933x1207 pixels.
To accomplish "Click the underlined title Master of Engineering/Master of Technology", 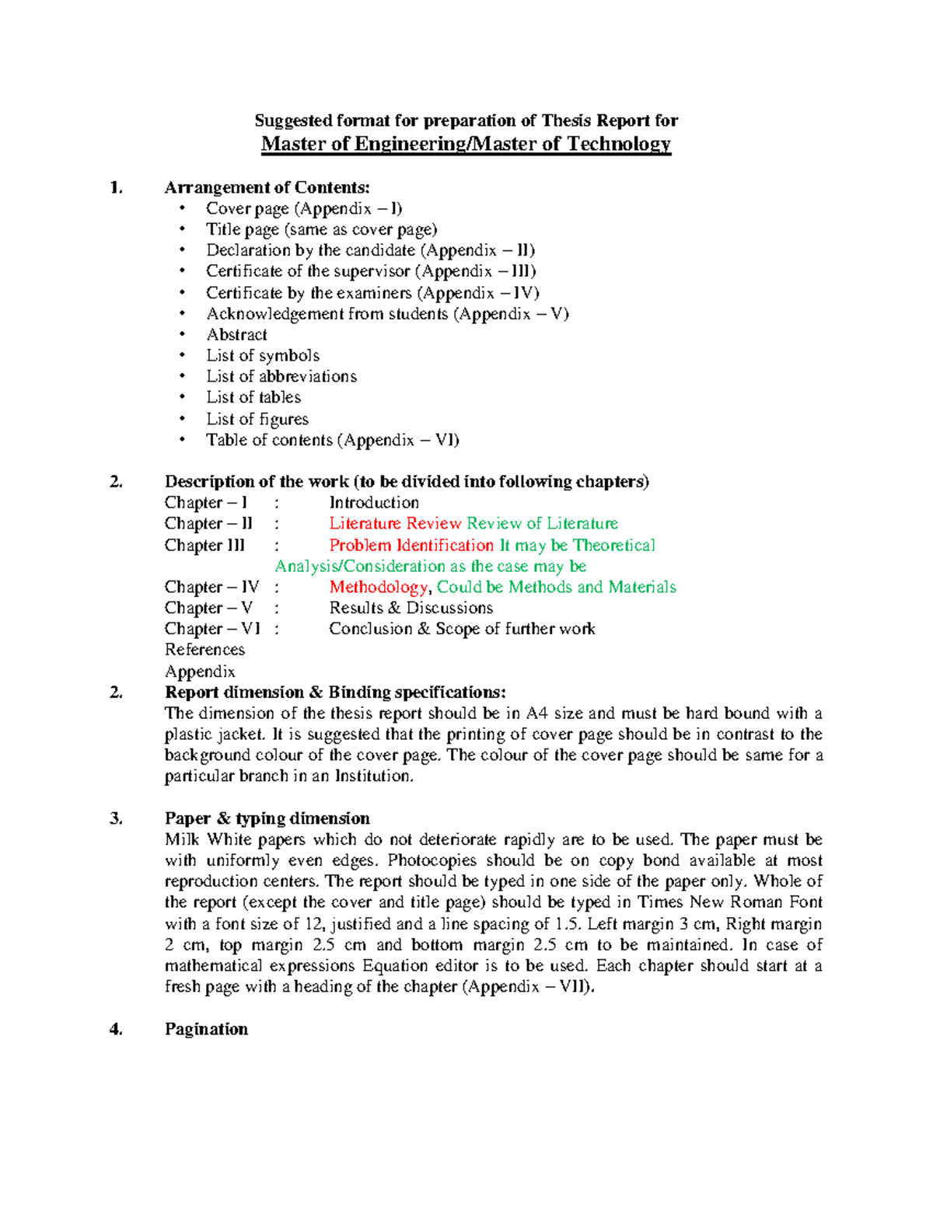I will click(x=466, y=144).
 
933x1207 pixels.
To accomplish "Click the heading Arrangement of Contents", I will click(x=267, y=187).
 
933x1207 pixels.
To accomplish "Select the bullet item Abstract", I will click(x=236, y=335).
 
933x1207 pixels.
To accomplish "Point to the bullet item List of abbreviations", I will click(x=281, y=377).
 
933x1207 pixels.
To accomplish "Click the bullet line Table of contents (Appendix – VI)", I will click(x=332, y=441).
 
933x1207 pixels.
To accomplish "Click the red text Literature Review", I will click(x=395, y=524).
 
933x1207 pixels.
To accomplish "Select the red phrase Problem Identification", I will click(x=411, y=546).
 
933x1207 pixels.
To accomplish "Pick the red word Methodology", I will click(x=378, y=588).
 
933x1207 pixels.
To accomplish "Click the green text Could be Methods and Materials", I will click(x=556, y=588).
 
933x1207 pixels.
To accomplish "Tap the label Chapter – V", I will click(x=208, y=609).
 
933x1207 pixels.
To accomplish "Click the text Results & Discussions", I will click(x=411, y=609).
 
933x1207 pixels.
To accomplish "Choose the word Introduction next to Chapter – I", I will click(x=373, y=503).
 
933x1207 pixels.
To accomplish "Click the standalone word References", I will click(x=204, y=650).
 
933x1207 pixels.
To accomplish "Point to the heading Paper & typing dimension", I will click(x=267, y=818).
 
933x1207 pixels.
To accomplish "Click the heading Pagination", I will click(x=206, y=1029).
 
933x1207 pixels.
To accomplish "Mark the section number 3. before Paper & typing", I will click(x=116, y=818).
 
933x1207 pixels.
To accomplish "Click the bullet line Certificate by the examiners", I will click(x=372, y=293).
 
